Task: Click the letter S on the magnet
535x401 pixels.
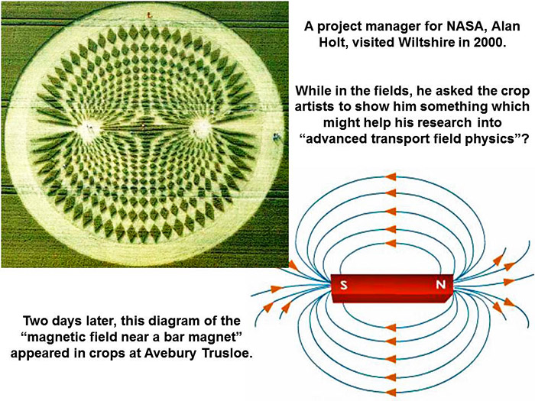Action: pos(344,284)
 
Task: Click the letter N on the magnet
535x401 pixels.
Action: pos(440,284)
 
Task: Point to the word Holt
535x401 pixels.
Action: pos(332,42)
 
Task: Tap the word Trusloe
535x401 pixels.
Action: pos(228,353)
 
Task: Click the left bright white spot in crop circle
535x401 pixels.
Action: pos(89,128)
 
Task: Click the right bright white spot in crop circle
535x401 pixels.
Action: pos(201,127)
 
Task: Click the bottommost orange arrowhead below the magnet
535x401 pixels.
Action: pos(391,392)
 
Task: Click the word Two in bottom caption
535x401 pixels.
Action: pos(34,321)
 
